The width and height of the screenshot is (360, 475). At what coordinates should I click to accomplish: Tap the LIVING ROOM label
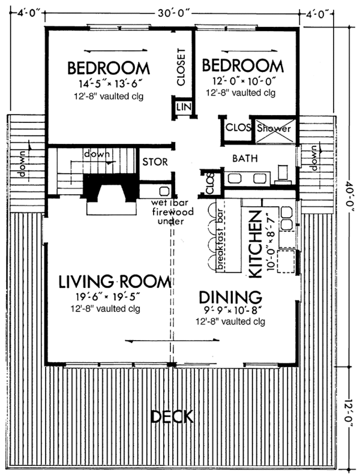115,281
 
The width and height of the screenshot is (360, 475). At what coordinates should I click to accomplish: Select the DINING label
230,297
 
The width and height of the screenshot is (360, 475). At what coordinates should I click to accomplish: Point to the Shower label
274,128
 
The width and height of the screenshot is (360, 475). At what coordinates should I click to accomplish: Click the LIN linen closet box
182,107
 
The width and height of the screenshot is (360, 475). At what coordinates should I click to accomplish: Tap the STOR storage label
155,162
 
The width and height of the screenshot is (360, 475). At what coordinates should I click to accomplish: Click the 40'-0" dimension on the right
349,192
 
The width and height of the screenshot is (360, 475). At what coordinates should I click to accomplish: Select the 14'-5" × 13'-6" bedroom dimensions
109,83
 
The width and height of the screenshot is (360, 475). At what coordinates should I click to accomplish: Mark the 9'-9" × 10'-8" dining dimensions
230,311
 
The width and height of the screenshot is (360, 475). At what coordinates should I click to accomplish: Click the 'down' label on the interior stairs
97,154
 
